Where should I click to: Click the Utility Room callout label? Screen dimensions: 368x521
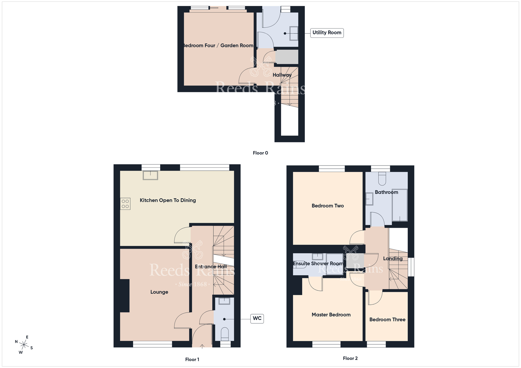tap(327, 33)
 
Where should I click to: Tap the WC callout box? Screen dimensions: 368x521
tap(257, 319)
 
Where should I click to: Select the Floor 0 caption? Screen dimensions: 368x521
tap(260, 153)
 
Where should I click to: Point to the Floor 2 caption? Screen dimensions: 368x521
tap(350, 358)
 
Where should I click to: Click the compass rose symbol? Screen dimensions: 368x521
tap(24, 345)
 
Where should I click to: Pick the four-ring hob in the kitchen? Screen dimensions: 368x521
tap(125, 204)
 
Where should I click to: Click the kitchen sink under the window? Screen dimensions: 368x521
tap(150, 175)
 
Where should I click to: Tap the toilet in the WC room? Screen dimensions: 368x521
tap(225, 334)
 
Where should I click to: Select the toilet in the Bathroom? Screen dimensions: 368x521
tap(382, 179)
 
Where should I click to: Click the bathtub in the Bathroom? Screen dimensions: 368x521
tap(400, 205)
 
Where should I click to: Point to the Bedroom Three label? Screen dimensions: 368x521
tap(387, 320)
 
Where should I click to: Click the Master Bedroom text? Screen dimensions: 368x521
tap(331, 315)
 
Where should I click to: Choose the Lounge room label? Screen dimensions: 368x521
tap(159, 292)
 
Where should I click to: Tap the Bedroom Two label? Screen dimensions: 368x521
tap(327, 206)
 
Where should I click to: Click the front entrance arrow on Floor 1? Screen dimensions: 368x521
tap(202, 346)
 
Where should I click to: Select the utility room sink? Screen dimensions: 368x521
tap(294, 33)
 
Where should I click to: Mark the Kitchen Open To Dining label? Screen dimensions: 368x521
tap(168, 200)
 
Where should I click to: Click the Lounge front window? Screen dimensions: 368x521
tap(152, 344)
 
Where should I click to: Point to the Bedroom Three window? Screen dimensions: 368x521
tap(376, 344)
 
